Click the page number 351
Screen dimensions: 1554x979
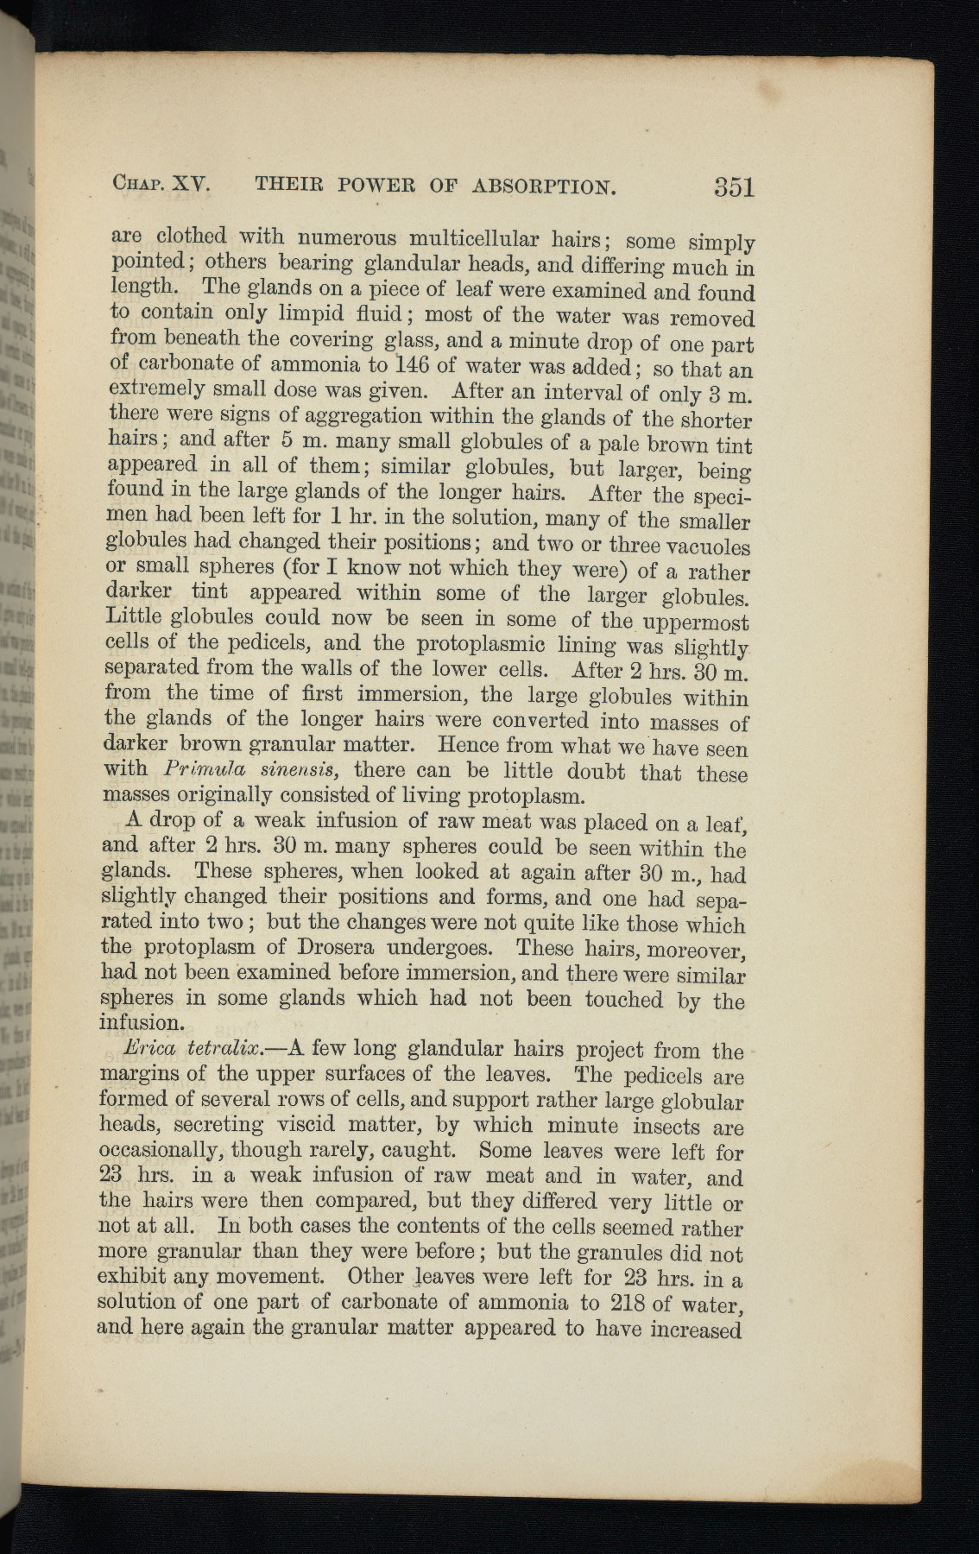[x=734, y=186]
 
